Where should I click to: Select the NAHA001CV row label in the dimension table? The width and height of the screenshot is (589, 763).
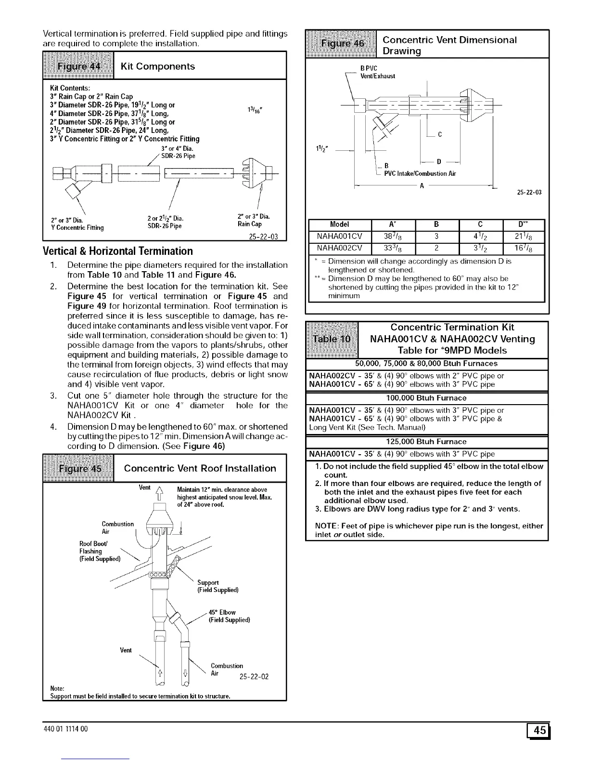coord(339,236)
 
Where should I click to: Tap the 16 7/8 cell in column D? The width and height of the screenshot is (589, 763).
coord(523,249)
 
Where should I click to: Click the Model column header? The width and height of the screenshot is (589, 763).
coord(339,224)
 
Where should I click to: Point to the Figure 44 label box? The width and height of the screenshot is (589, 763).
coord(78,66)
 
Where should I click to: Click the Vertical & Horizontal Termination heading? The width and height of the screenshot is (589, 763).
coord(117,251)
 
